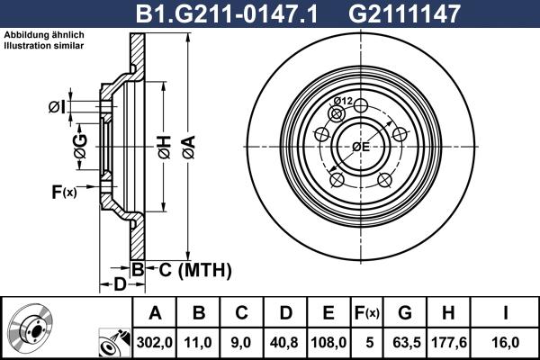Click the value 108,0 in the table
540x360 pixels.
[328, 342]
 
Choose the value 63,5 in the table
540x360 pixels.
[406, 342]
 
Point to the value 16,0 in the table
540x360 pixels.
[506, 342]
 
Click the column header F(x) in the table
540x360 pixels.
[366, 313]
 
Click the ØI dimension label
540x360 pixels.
[56, 108]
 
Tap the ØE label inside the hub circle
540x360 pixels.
[361, 147]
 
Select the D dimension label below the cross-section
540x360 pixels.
[119, 285]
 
